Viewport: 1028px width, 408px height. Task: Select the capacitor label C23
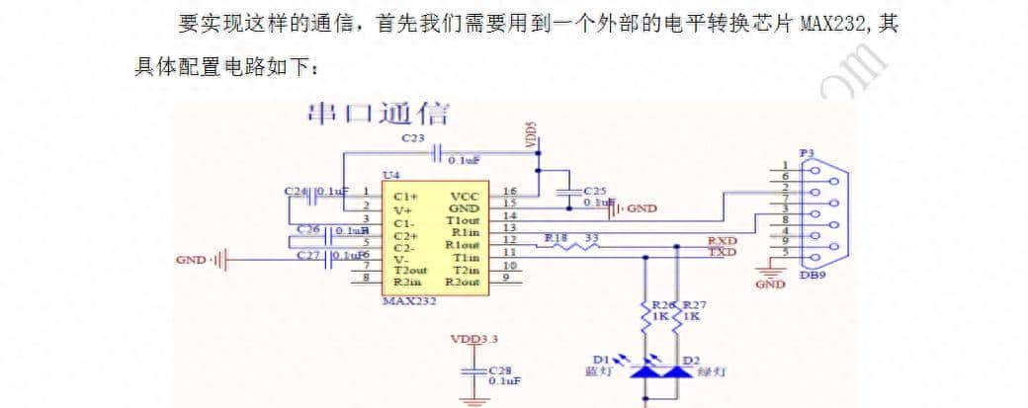click(414, 139)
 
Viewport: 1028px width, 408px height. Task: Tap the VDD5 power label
click(531, 136)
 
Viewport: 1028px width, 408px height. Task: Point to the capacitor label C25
click(595, 190)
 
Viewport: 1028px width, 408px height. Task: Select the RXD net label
click(722, 241)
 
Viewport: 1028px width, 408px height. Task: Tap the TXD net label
click(722, 253)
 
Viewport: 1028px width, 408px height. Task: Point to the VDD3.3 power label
click(475, 339)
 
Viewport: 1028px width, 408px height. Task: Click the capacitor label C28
click(500, 368)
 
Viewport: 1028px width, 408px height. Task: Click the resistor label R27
click(697, 305)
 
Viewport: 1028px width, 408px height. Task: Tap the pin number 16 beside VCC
click(510, 191)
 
